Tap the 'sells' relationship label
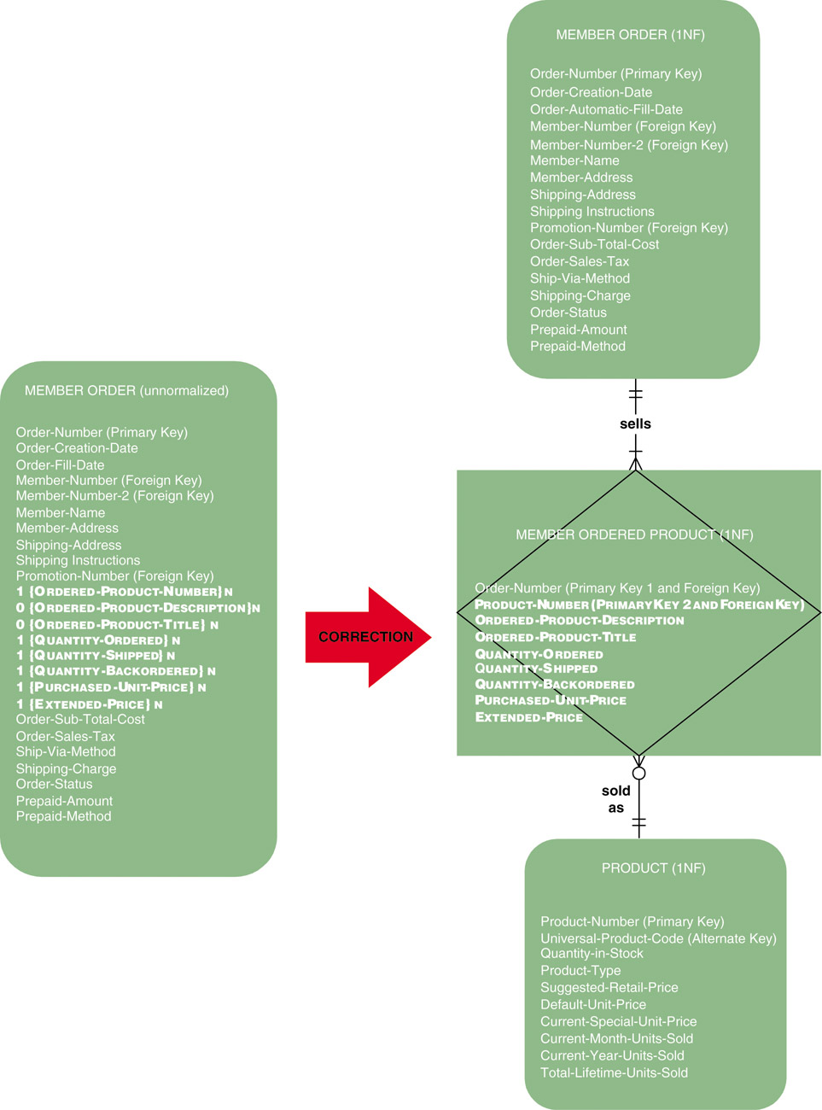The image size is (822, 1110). click(635, 424)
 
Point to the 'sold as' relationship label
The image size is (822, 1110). click(615, 799)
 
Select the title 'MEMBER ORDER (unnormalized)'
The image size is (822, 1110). click(126, 390)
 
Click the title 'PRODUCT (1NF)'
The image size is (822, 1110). click(653, 868)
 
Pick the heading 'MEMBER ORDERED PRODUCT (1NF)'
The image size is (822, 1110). click(634, 535)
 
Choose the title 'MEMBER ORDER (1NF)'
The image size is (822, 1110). click(630, 35)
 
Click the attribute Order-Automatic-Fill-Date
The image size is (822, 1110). click(606, 109)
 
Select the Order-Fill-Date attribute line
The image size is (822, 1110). click(60, 464)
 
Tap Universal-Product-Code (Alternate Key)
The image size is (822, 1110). click(658, 938)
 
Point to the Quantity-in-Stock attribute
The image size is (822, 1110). click(592, 953)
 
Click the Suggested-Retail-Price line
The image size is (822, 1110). click(609, 987)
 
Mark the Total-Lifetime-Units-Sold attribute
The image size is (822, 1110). click(614, 1072)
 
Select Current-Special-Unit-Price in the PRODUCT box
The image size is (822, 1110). click(618, 1021)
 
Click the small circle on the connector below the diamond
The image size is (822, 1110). click(638, 774)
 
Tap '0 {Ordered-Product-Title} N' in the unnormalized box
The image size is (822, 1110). click(117, 624)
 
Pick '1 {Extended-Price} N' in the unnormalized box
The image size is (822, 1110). click(89, 704)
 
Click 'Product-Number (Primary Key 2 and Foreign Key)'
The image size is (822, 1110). click(638, 605)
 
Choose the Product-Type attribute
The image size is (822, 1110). click(580, 970)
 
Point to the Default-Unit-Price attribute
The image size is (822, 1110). click(592, 1004)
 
